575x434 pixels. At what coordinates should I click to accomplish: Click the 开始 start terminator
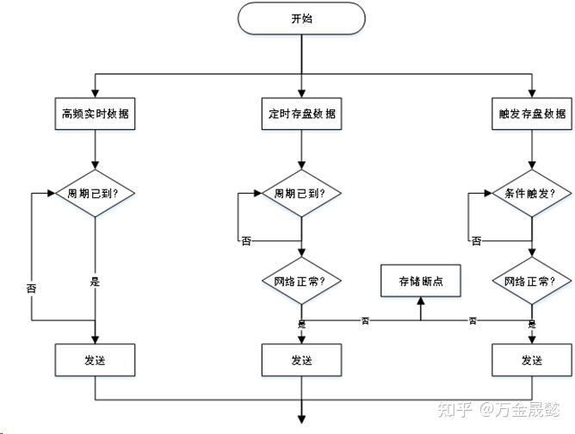pyautogui.click(x=300, y=18)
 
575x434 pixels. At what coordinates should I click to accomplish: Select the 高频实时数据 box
pyautogui.click(x=96, y=113)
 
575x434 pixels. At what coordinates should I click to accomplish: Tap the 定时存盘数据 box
pyautogui.click(x=301, y=113)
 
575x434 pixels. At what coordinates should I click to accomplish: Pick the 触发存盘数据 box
pyautogui.click(x=532, y=113)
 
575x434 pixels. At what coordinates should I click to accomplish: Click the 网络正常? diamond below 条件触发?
pyautogui.click(x=532, y=280)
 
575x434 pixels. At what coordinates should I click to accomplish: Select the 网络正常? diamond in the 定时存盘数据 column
pyautogui.click(x=301, y=280)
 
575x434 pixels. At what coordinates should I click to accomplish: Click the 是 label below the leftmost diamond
pyautogui.click(x=96, y=282)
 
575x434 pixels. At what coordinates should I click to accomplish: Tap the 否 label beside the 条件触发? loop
pyautogui.click(x=476, y=241)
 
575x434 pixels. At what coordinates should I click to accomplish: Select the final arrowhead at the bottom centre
pyautogui.click(x=301, y=418)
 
